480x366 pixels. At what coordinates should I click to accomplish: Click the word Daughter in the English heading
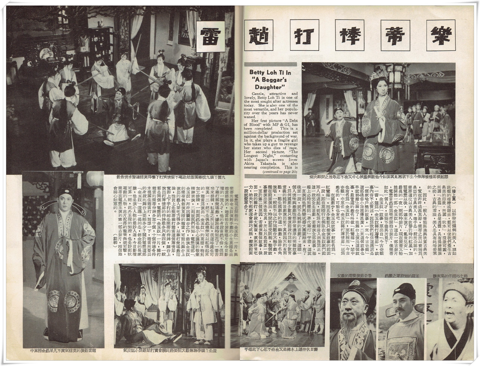pyautogui.click(x=271, y=87)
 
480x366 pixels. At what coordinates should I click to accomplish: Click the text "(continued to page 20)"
pyautogui.click(x=279, y=172)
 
